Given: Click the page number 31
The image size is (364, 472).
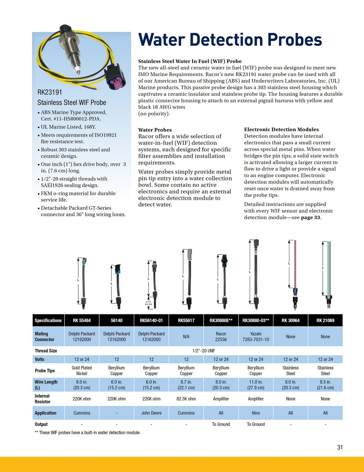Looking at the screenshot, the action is pyautogui.click(x=340, y=447).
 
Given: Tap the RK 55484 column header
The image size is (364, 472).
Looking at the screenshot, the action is pyautogui.click(x=82, y=321).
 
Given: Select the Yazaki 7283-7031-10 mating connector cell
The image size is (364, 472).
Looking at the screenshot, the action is pyautogui.click(x=256, y=336).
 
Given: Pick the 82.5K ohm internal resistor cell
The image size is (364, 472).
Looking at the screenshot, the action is pyautogui.click(x=186, y=399).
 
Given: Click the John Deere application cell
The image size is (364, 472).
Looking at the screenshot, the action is pyautogui.click(x=151, y=413).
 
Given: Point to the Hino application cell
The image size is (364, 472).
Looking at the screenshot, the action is pyautogui.click(x=256, y=413).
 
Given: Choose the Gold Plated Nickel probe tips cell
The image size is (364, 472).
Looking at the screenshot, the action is pyautogui.click(x=82, y=371).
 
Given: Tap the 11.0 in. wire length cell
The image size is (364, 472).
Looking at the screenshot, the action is pyautogui.click(x=256, y=385).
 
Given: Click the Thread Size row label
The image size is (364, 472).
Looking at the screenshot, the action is pyautogui.click(x=46, y=351).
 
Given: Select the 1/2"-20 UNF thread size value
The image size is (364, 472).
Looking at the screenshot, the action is pyautogui.click(x=204, y=351).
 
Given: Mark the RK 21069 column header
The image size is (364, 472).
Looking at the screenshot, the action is pyautogui.click(x=325, y=321).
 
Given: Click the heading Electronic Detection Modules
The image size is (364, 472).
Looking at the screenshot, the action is pyautogui.click(x=281, y=129).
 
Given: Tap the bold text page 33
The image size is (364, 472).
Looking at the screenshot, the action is pyautogui.click(x=310, y=218).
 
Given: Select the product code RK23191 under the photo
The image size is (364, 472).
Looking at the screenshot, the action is pyautogui.click(x=50, y=92).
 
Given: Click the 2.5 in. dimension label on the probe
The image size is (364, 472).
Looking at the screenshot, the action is pyautogui.click(x=148, y=303).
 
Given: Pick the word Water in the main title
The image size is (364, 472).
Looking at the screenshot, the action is pyautogui.click(x=162, y=40).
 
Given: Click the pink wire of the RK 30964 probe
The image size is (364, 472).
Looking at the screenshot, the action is pyautogui.click(x=295, y=264).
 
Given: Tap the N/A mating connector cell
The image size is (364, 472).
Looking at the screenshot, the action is pyautogui.click(x=186, y=336).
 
